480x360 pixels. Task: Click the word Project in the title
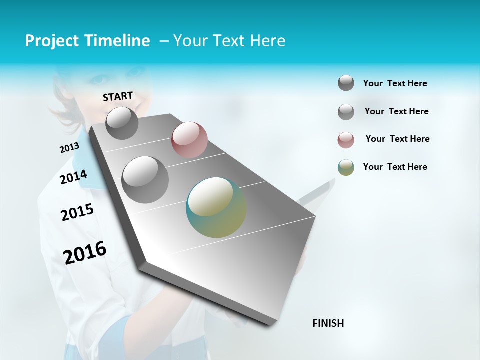51,41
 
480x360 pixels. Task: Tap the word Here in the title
267,41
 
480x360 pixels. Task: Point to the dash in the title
164,41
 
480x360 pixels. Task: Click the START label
118,96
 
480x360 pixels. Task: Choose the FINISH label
328,323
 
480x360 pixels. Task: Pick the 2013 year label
69,148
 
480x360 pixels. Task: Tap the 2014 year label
73,177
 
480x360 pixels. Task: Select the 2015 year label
77,212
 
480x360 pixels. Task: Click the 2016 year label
85,252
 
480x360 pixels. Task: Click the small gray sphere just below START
122,123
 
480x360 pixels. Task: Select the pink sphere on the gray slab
189,139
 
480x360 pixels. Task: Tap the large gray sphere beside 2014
145,179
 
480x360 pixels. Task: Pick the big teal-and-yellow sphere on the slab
216,207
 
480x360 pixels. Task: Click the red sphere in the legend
346,140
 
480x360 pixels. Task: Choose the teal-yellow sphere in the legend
346,167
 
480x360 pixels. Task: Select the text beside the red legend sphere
397,139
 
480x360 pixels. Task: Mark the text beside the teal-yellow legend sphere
395,167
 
